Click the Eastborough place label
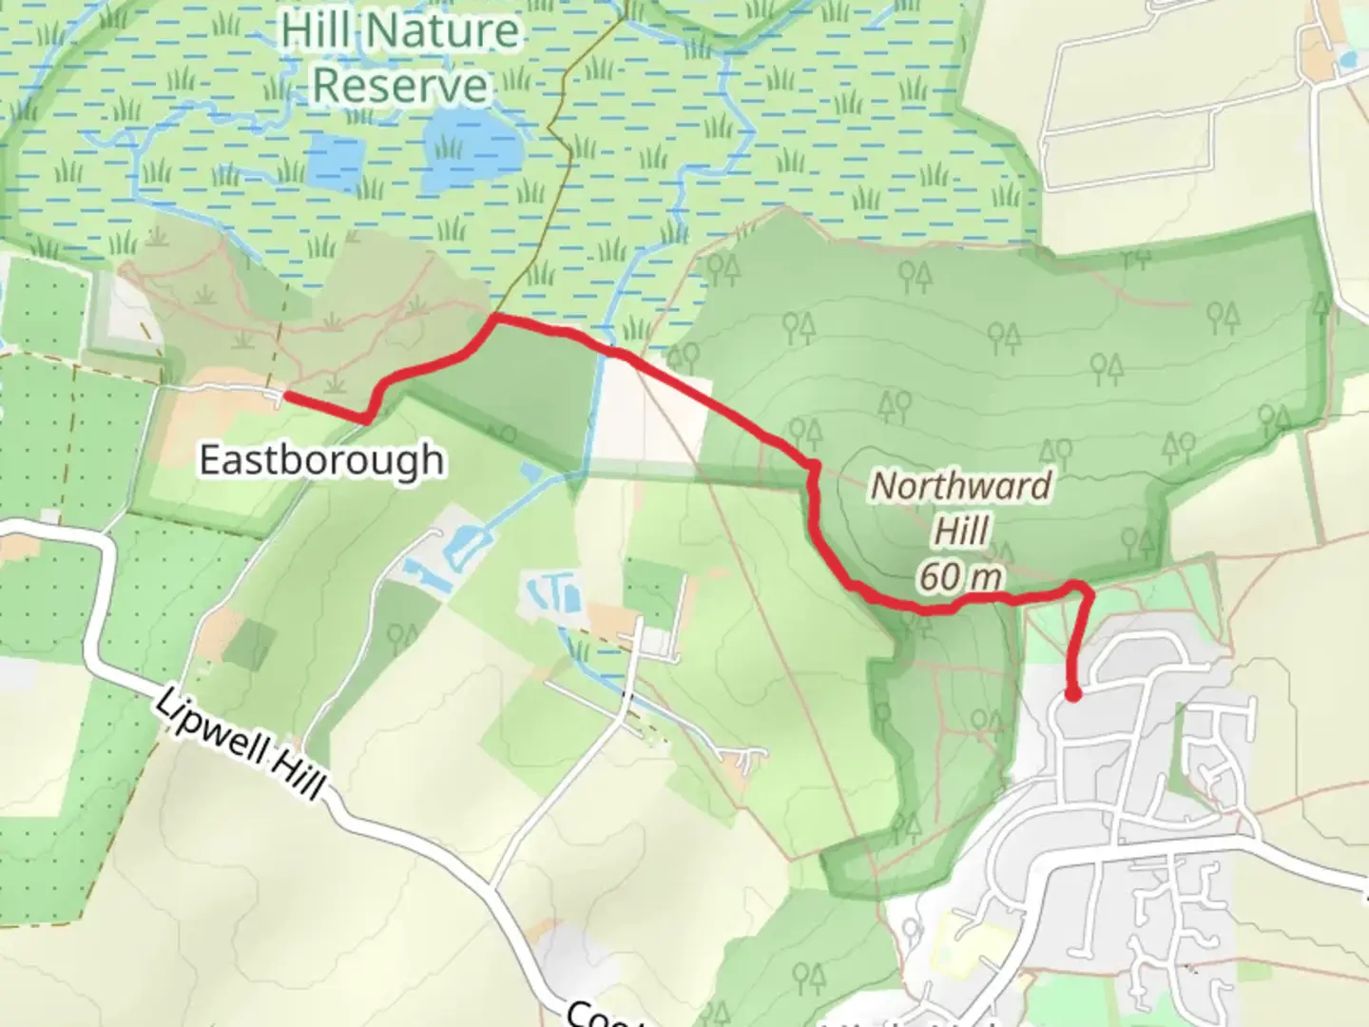pos(321,460)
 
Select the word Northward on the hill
pos(961,486)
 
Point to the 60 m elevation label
pos(961,576)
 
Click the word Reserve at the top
pos(400,86)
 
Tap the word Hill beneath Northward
pos(962,531)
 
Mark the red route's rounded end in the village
pos(1072,695)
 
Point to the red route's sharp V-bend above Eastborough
pos(366,417)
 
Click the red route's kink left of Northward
pos(813,466)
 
